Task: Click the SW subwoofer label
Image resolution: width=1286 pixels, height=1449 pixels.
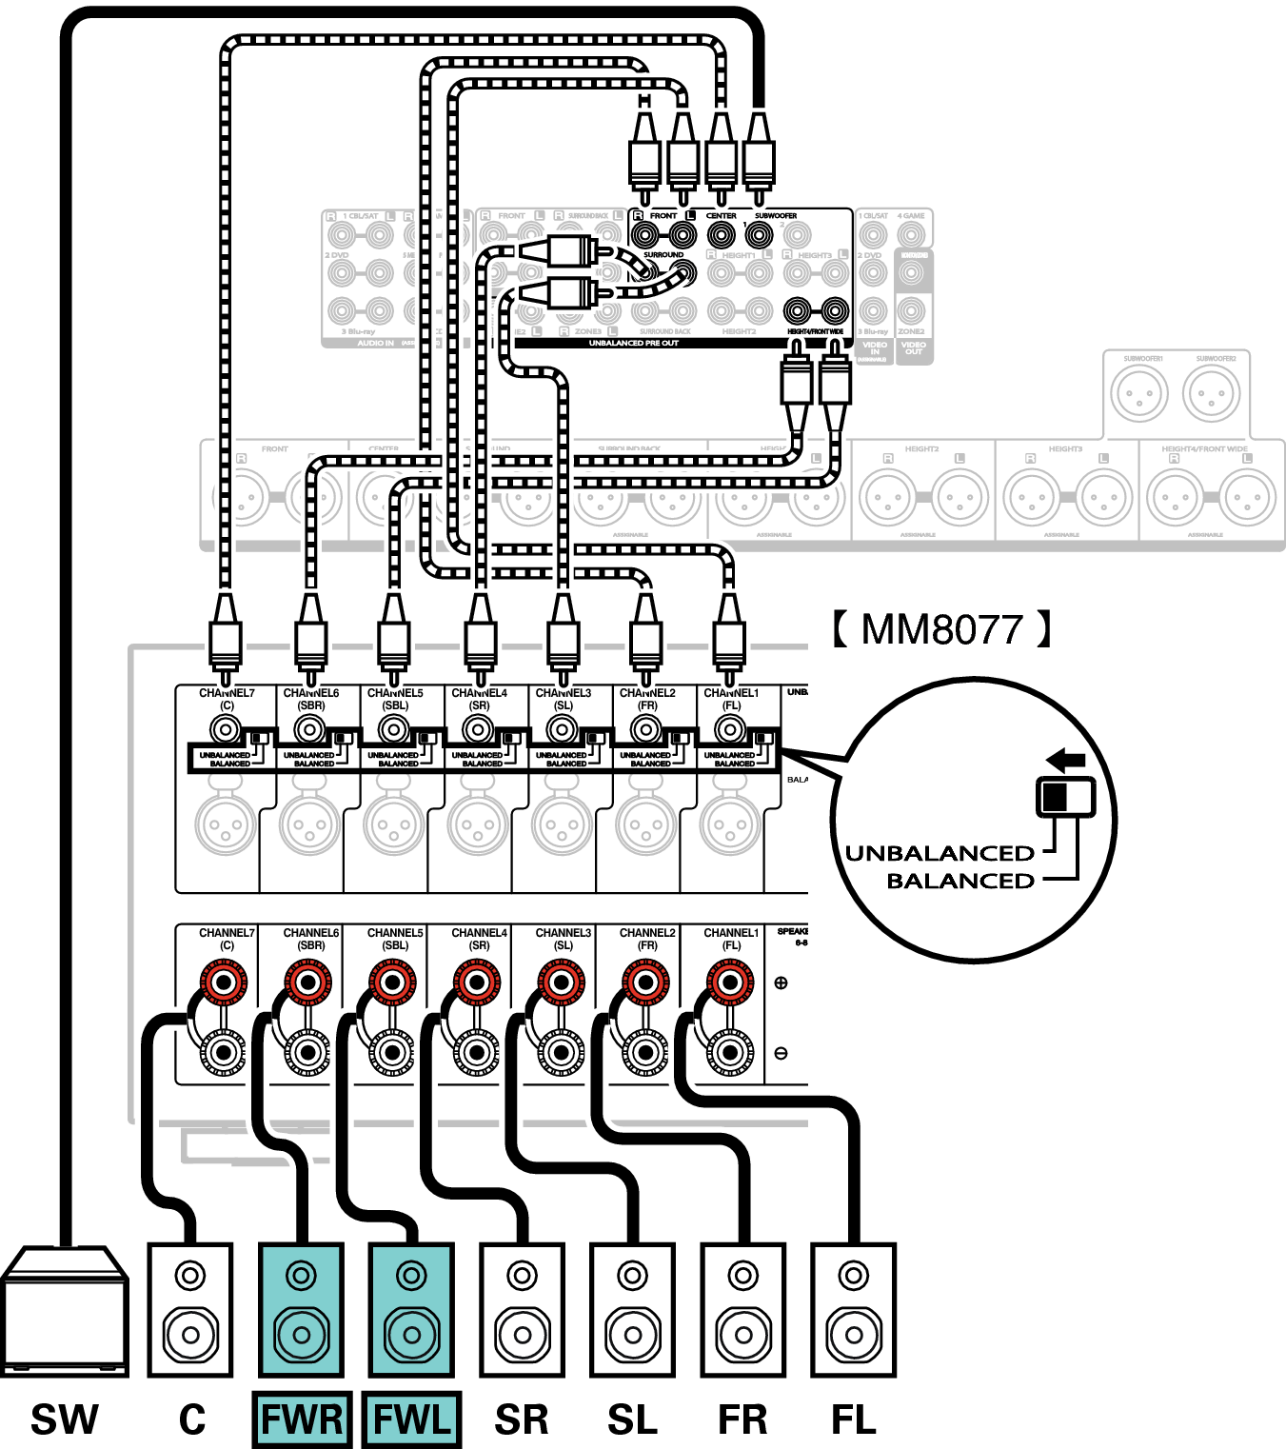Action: (64, 1419)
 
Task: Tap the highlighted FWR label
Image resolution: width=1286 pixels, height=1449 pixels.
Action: (302, 1419)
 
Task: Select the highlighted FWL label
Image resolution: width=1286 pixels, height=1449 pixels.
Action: (412, 1419)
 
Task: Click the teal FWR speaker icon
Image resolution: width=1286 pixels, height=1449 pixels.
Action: (302, 1310)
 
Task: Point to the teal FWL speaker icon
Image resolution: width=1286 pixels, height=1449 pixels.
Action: (411, 1310)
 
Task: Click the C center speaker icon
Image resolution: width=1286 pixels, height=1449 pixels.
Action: (190, 1310)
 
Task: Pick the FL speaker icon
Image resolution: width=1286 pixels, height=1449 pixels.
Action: (853, 1310)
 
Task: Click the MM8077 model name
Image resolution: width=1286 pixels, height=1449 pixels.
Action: (941, 629)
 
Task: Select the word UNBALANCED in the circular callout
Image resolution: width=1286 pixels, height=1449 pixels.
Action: (939, 853)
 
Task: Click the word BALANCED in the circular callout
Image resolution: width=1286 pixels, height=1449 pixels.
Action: (960, 881)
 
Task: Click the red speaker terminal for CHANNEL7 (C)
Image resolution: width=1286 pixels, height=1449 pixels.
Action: (224, 982)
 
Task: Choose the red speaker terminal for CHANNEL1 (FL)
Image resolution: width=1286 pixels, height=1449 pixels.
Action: (729, 982)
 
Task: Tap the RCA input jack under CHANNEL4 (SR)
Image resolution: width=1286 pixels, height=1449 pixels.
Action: (478, 730)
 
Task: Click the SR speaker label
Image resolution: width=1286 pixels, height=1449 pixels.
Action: (522, 1419)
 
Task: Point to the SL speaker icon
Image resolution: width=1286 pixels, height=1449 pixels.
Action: (632, 1310)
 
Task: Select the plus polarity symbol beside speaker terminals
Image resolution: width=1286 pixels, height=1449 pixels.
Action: (781, 983)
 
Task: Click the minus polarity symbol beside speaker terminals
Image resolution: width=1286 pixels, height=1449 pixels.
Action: (781, 1053)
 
